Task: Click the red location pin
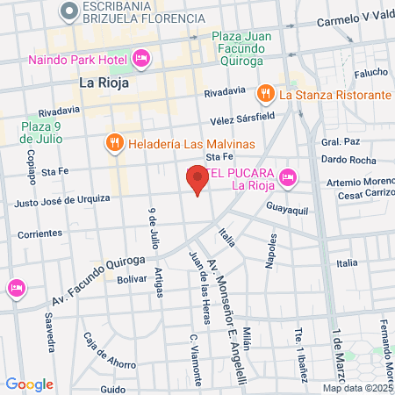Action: click(x=197, y=182)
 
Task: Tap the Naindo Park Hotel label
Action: click(x=79, y=60)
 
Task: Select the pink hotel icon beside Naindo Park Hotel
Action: click(x=141, y=59)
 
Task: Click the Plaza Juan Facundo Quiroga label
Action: click(x=237, y=49)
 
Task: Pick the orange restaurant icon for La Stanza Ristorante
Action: click(x=264, y=94)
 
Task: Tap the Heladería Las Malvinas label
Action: click(x=190, y=143)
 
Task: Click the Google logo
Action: click(x=29, y=384)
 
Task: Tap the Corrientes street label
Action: click(x=39, y=233)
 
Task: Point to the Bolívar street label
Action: click(x=131, y=279)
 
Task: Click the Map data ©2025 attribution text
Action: click(x=357, y=387)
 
